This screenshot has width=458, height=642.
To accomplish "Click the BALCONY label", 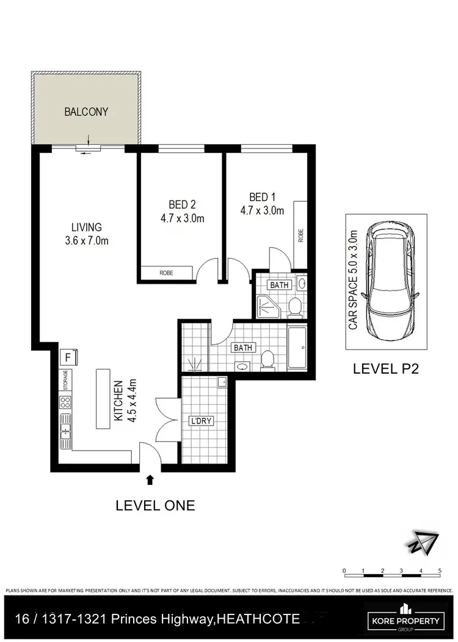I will pyautogui.click(x=87, y=112).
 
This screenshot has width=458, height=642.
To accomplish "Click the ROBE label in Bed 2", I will pyautogui.click(x=166, y=273).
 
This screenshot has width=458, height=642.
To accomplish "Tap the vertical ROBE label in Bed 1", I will pyautogui.click(x=301, y=236).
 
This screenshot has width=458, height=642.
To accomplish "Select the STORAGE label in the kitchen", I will pyautogui.click(x=64, y=380).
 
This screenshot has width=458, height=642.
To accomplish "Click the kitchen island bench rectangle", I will pyautogui.click(x=102, y=399).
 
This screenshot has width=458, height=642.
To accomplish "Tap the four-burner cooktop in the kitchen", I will pyautogui.click(x=64, y=403).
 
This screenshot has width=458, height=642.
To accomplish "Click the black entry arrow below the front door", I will pyautogui.click(x=150, y=482).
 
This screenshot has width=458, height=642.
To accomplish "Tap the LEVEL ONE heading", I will pyautogui.click(x=155, y=506).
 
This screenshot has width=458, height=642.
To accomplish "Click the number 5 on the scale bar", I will pyautogui.click(x=440, y=571).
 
